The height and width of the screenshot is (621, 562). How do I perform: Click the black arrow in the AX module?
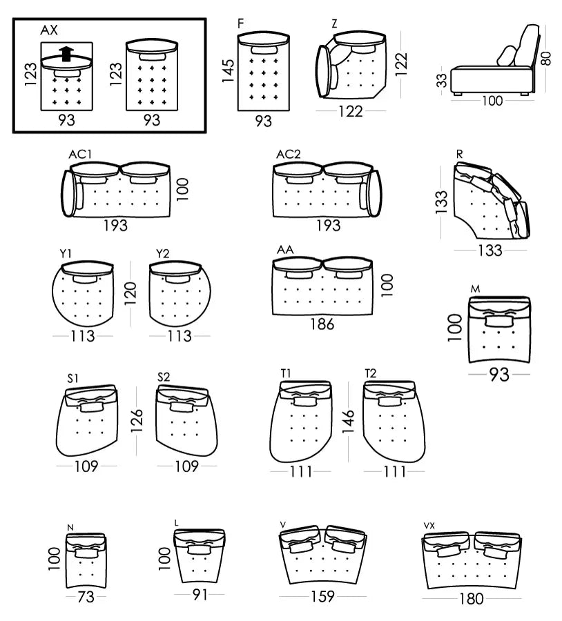[66, 55]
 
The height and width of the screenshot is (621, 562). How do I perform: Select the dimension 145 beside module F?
[229, 70]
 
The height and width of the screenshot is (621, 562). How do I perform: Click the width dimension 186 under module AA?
[322, 323]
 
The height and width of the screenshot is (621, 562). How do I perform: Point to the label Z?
[334, 24]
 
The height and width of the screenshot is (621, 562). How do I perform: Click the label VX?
[430, 526]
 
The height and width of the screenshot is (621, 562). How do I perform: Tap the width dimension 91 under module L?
[200, 594]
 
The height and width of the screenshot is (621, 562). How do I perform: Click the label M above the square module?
[475, 288]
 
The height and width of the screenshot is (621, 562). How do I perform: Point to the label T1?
[286, 373]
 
